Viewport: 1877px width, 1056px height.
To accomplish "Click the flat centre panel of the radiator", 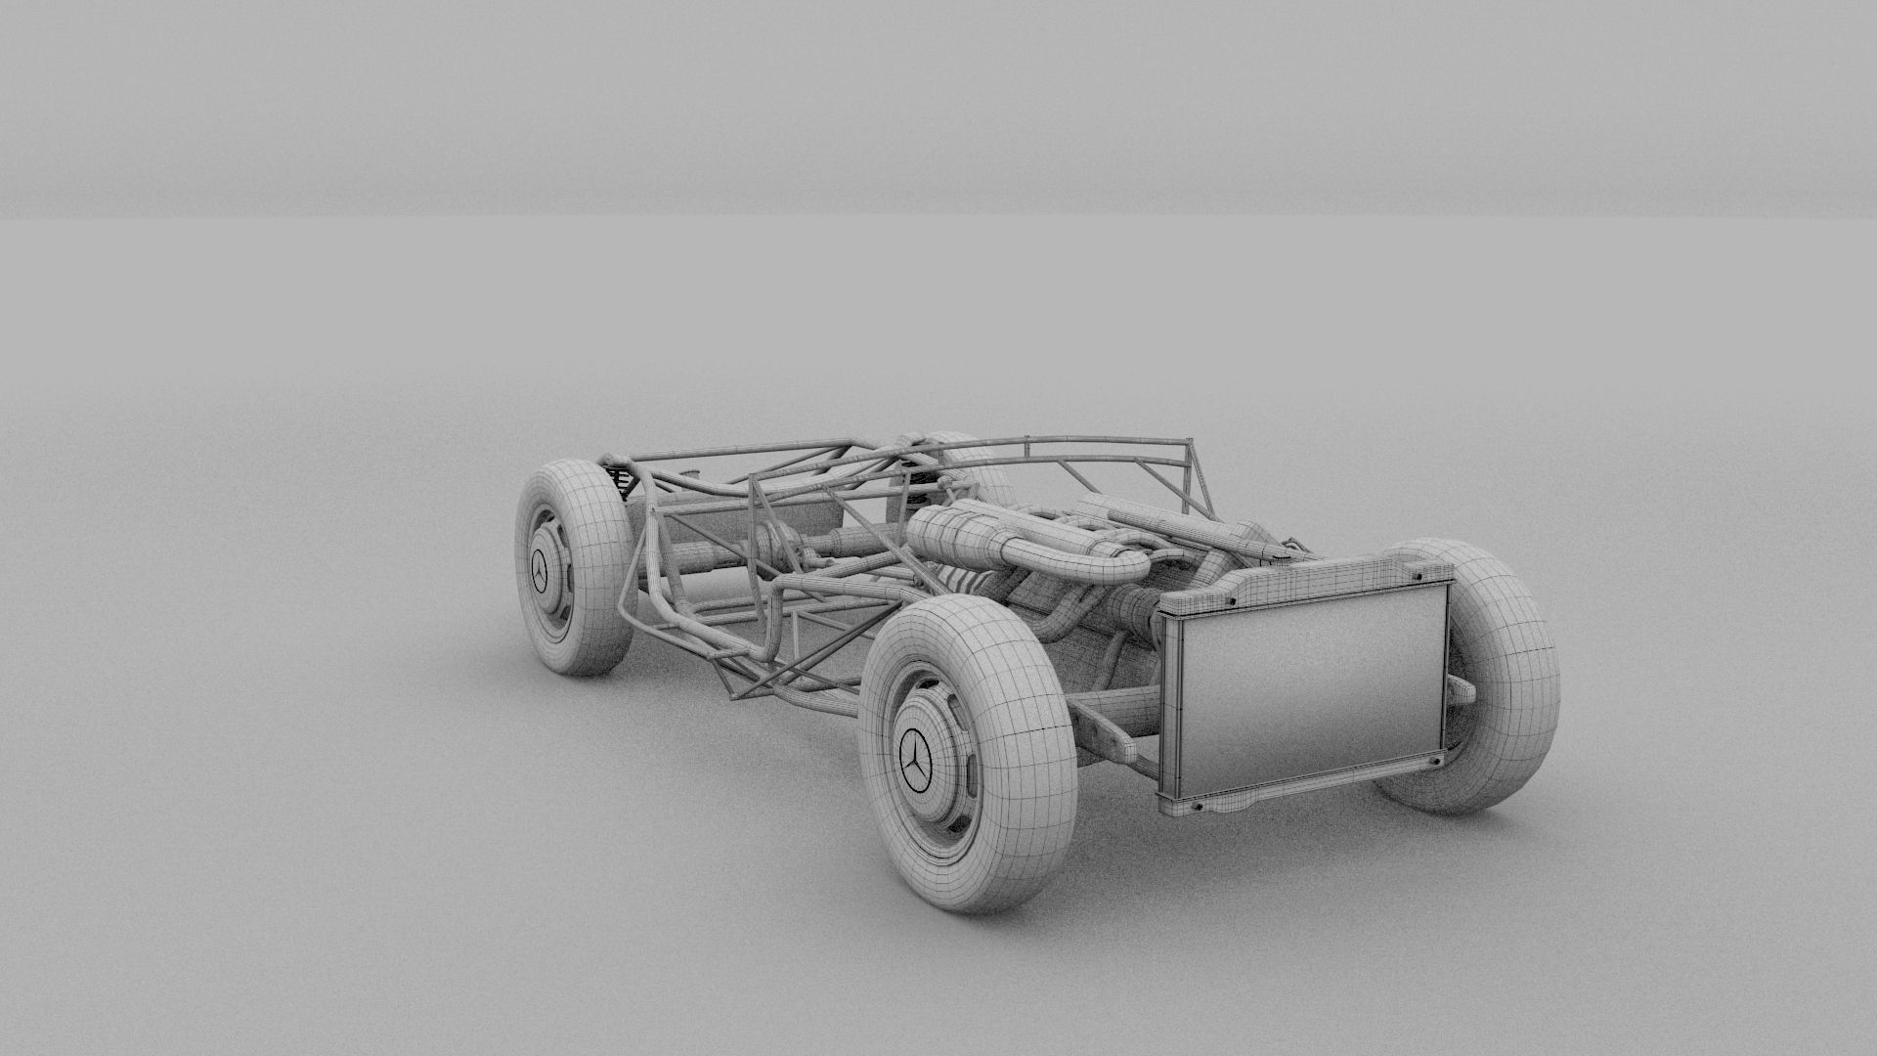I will pyautogui.click(x=1315, y=689).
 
